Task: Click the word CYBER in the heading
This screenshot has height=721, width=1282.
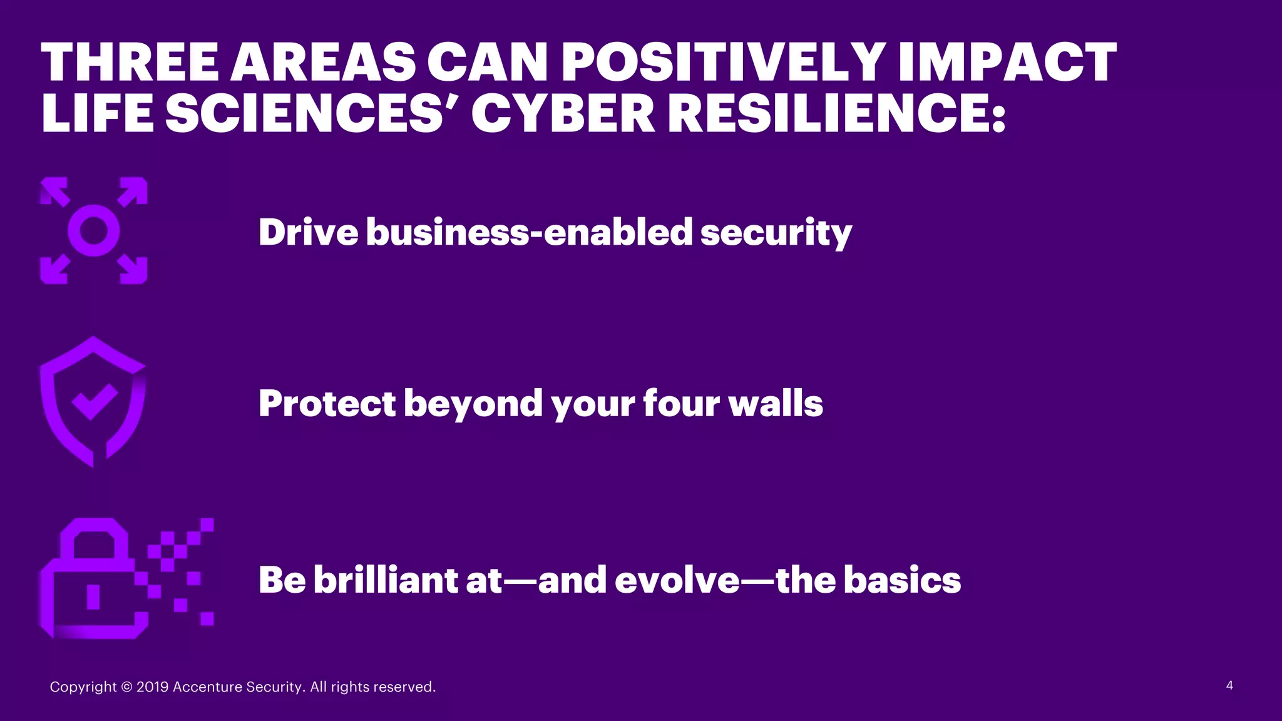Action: point(563,114)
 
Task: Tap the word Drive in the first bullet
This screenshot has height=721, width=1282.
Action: point(308,232)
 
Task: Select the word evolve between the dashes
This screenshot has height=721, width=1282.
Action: point(677,580)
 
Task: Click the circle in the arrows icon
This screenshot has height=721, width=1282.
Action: point(94,230)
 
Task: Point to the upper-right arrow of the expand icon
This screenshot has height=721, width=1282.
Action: point(133,191)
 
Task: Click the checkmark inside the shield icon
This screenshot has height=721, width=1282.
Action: point(94,401)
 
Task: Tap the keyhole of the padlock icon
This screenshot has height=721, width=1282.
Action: point(93,596)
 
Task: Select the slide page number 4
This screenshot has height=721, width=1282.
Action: point(1229,685)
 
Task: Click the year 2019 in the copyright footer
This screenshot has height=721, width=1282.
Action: point(152,687)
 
